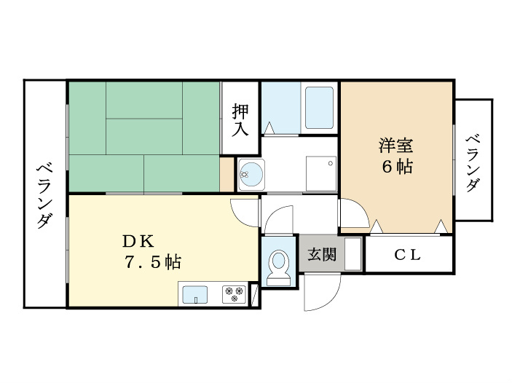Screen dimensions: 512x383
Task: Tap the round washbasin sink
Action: (251, 174)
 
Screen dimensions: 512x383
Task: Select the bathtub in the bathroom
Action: (319, 108)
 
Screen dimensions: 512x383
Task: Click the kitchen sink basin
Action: (194, 295)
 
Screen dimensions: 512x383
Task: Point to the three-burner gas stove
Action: (234, 294)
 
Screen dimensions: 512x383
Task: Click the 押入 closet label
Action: (240, 119)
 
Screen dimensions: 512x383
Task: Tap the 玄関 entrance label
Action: (322, 254)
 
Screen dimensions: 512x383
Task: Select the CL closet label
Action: (408, 255)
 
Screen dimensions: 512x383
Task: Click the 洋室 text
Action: (396, 146)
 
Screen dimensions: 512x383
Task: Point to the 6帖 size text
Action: (397, 167)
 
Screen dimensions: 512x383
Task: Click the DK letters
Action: (138, 241)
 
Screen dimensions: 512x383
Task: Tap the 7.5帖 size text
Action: (152, 261)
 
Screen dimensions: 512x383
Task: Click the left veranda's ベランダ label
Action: (44, 196)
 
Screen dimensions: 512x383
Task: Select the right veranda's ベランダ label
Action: (473, 163)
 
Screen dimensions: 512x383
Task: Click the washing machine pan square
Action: (321, 173)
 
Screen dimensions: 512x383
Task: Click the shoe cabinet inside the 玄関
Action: (353, 253)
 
